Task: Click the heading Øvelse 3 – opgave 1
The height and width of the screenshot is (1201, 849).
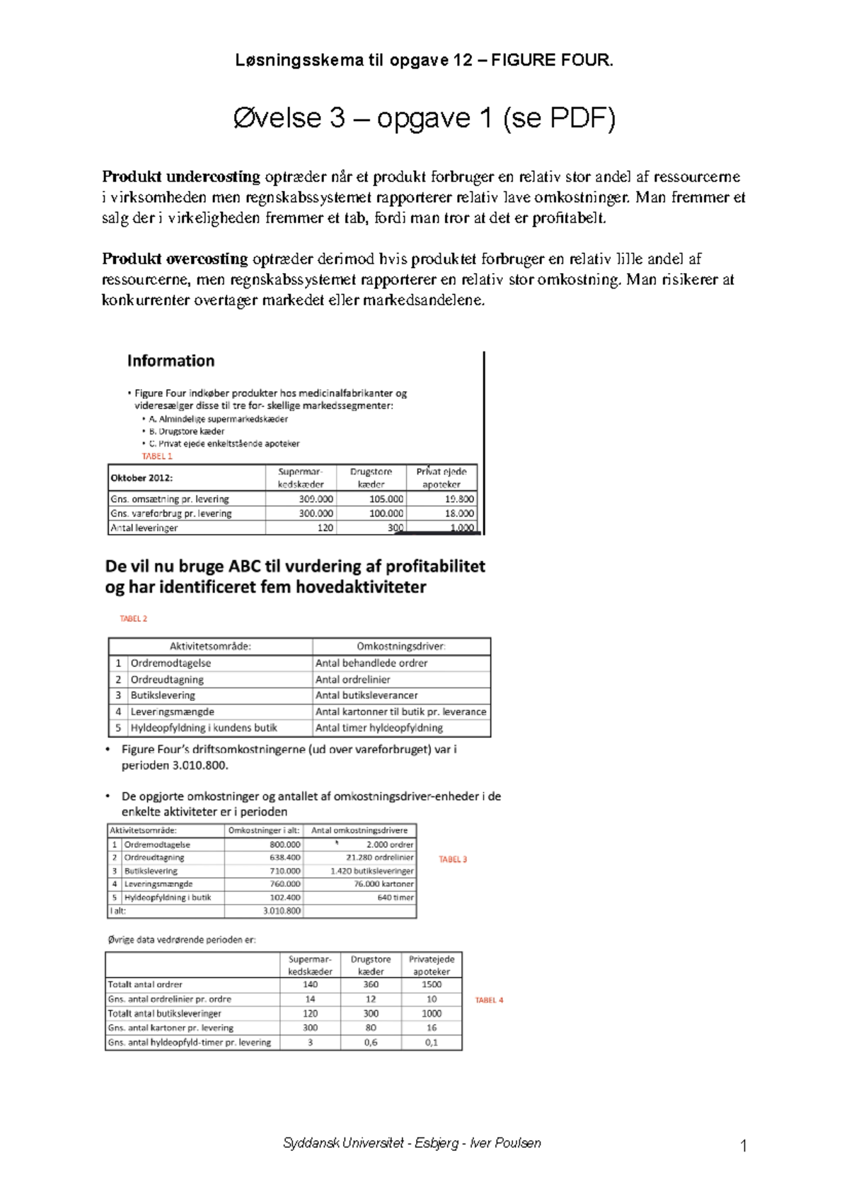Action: [x=424, y=118]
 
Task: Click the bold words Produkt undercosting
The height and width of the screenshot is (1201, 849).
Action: [x=181, y=177]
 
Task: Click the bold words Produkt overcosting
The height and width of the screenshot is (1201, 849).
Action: [x=175, y=259]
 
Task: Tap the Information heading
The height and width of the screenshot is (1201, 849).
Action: [x=171, y=361]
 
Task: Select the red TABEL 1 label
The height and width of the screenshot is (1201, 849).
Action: [x=157, y=456]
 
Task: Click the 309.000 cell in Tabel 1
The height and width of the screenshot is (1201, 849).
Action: [x=316, y=499]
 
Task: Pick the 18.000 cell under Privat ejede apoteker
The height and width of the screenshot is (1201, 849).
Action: [x=459, y=514]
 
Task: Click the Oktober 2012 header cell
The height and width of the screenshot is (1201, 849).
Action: [x=141, y=477]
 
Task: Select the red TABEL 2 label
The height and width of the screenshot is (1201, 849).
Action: [x=133, y=619]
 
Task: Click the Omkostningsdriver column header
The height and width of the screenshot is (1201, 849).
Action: [x=400, y=646]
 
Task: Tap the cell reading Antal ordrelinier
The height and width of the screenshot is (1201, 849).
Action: [x=352, y=680]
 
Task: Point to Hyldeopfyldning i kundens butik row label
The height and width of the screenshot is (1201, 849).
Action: [x=204, y=728]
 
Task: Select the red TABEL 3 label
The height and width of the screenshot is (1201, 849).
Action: [x=453, y=859]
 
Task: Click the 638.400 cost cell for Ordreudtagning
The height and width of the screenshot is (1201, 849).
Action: [x=285, y=857]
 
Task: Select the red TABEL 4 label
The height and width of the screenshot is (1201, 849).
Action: [x=489, y=1000]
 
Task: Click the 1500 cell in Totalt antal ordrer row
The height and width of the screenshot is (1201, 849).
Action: [x=432, y=985]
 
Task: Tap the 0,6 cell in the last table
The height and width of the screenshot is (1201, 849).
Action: [x=371, y=1043]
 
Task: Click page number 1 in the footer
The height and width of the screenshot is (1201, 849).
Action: [x=743, y=1146]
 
